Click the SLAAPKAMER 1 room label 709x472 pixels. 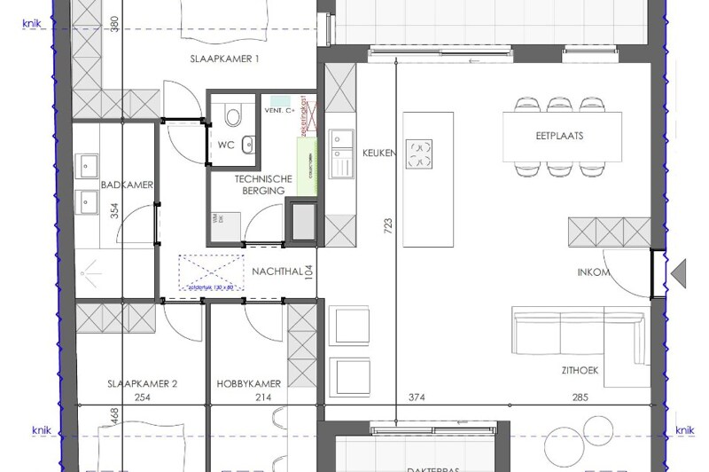[224, 59]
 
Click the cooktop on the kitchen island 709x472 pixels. [418, 153]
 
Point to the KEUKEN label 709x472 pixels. [378, 153]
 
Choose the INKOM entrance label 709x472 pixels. [593, 272]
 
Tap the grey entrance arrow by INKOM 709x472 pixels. [679, 272]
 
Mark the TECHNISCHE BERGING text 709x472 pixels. [260, 185]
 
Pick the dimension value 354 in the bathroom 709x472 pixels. [114, 211]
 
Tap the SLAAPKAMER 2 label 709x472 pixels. [143, 384]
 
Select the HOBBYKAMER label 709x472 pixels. [249, 384]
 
